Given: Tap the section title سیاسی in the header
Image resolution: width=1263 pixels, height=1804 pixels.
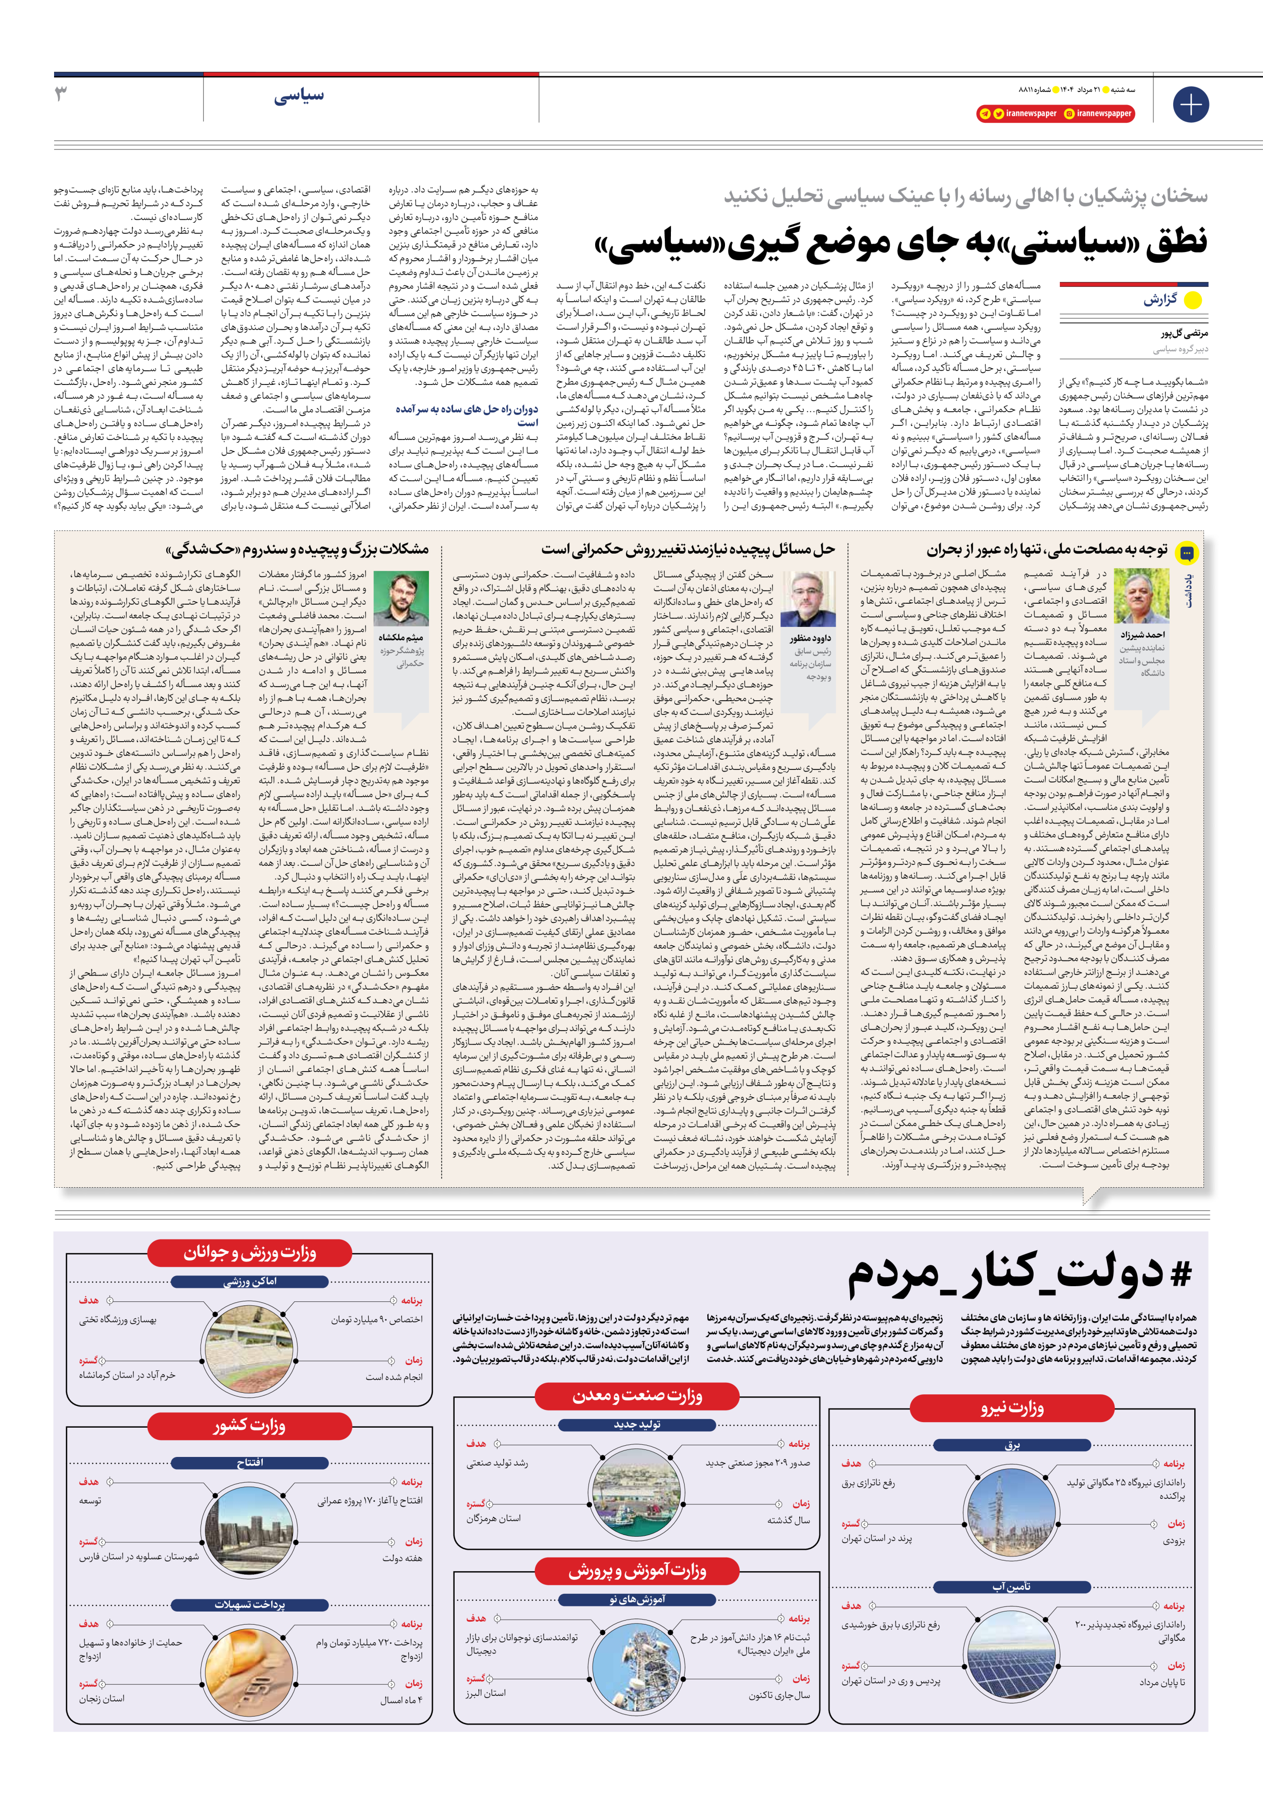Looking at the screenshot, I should click(298, 96).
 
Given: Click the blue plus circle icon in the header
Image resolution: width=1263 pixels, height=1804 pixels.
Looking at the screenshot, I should click(1190, 105).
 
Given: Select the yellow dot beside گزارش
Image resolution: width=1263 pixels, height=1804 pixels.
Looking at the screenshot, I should click(1192, 300).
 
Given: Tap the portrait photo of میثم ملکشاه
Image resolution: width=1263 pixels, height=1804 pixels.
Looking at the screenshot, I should click(401, 600).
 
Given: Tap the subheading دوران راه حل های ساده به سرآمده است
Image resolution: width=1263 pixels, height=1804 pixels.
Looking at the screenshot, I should click(467, 416).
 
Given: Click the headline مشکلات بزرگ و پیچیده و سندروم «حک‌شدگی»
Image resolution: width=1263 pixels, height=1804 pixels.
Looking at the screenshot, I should click(297, 549).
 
